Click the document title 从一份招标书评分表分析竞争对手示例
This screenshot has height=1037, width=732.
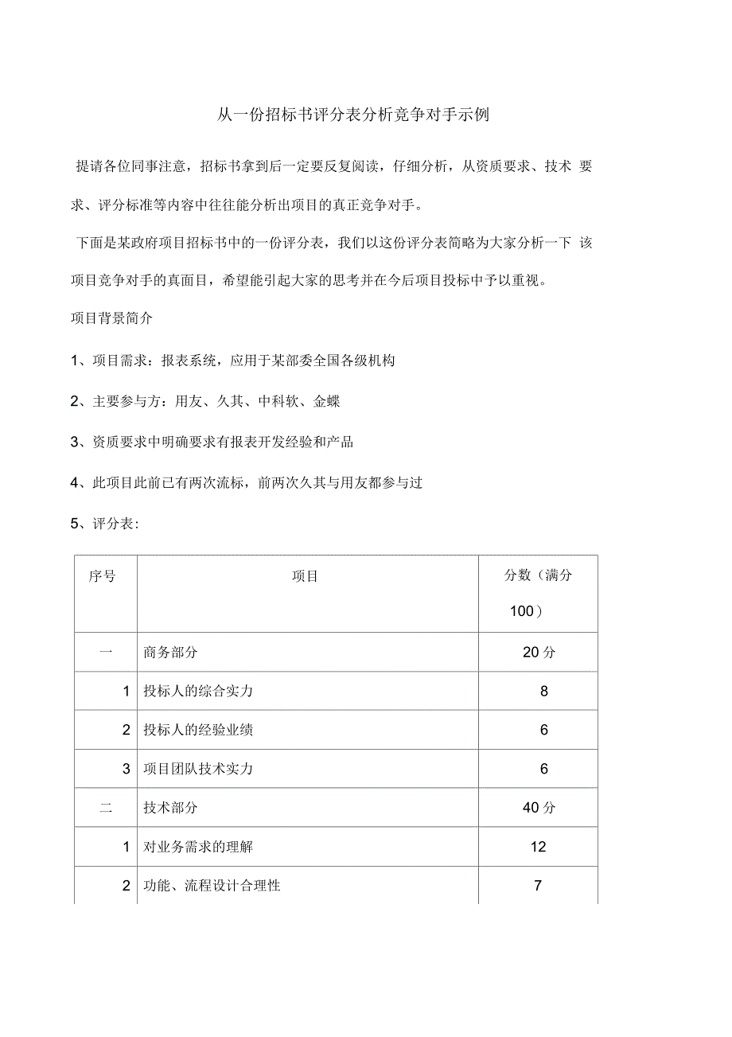click(353, 115)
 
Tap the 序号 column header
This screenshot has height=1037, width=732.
click(102, 575)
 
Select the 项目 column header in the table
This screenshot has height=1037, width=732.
click(305, 575)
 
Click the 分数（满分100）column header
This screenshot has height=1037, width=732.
click(538, 593)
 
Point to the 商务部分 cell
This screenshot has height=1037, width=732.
click(170, 653)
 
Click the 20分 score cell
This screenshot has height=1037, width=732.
click(539, 653)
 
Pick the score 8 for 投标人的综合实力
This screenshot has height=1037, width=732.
click(543, 692)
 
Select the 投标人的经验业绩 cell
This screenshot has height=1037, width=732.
click(198, 730)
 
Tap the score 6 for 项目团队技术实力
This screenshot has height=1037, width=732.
click(543, 769)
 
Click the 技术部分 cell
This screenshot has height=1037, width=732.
click(170, 808)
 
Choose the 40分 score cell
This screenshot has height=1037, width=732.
click(539, 808)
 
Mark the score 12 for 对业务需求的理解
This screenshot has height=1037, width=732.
click(539, 847)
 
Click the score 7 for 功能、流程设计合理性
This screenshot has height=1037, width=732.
click(539, 885)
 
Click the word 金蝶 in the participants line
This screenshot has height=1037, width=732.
click(327, 402)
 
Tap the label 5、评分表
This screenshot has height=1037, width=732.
click(105, 524)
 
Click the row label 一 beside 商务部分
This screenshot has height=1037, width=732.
click(106, 653)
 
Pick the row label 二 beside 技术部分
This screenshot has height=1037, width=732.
click(106, 808)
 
